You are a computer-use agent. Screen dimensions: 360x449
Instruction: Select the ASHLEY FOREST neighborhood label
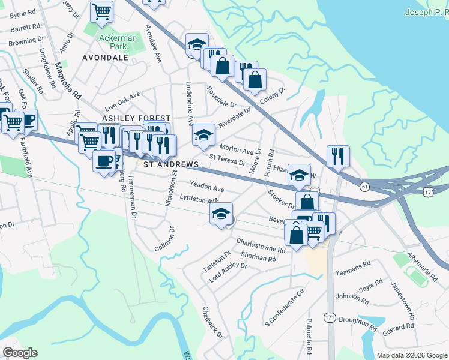click(136, 119)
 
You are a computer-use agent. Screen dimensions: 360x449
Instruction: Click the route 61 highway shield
click(364, 187)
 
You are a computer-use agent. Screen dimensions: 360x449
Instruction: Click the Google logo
click(20, 353)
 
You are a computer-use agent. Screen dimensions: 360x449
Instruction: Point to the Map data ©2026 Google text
click(412, 355)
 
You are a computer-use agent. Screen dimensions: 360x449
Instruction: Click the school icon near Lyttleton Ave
click(221, 214)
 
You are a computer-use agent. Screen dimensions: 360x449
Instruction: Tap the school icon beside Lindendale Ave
click(203, 134)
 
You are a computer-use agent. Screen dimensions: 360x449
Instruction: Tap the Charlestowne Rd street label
click(260, 245)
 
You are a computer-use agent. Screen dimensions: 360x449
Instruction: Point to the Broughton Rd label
click(357, 323)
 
